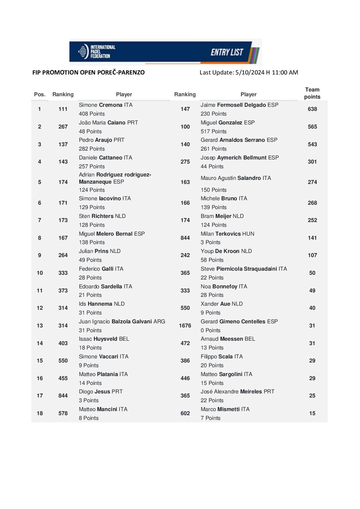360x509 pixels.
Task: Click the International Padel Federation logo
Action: click(x=97, y=52)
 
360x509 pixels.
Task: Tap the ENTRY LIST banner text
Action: click(x=227, y=52)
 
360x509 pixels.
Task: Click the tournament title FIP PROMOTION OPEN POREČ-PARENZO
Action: click(x=88, y=72)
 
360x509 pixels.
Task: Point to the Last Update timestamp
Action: click(x=249, y=72)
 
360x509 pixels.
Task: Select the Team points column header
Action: click(x=312, y=93)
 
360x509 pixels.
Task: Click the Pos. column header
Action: click(x=39, y=95)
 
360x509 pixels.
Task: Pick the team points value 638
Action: click(x=312, y=109)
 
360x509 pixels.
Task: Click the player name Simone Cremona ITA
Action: click(x=105, y=105)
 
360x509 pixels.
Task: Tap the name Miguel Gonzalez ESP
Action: click(x=227, y=123)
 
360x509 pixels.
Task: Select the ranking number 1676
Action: click(x=185, y=326)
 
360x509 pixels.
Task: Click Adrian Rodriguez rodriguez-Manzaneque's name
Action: click(x=115, y=178)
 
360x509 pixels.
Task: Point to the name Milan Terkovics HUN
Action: click(x=227, y=234)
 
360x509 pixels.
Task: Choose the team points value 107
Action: click(x=312, y=255)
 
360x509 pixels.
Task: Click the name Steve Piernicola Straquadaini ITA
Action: click(x=244, y=269)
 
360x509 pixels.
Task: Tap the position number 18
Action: click(x=40, y=413)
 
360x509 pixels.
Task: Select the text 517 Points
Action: click(x=213, y=132)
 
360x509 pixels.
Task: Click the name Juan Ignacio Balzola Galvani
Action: click(x=122, y=322)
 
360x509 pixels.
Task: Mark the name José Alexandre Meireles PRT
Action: click(x=237, y=392)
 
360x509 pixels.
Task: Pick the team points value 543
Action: click(x=312, y=145)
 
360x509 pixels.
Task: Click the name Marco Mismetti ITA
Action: click(x=225, y=409)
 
